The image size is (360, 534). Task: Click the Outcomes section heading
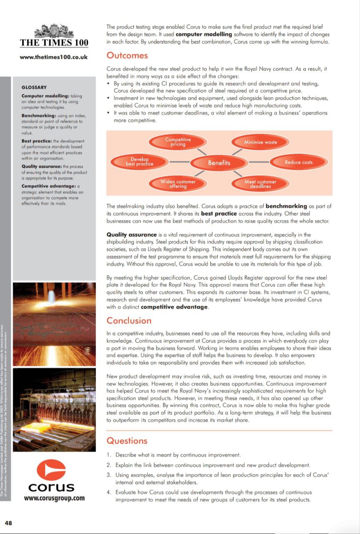point(127,55)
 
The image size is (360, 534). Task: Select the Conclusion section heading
point(129,320)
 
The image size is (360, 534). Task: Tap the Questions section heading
point(127,441)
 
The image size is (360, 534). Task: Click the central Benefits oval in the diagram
point(219,163)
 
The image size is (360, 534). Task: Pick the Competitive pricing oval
point(178,142)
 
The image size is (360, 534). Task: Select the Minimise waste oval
point(260,142)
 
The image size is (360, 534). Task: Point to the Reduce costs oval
point(299,162)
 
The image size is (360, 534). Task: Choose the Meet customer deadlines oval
point(260,184)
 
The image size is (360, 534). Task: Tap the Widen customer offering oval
point(178,184)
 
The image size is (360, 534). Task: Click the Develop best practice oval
point(139,162)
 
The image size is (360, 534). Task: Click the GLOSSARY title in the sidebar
point(34,88)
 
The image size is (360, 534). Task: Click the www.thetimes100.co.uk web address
point(54,57)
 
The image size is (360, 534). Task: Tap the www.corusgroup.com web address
point(54,498)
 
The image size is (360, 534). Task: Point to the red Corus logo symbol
point(51,469)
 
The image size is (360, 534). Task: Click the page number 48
point(8,522)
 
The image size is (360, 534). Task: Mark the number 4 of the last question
point(108,492)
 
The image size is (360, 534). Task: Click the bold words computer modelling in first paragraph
point(201,35)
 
